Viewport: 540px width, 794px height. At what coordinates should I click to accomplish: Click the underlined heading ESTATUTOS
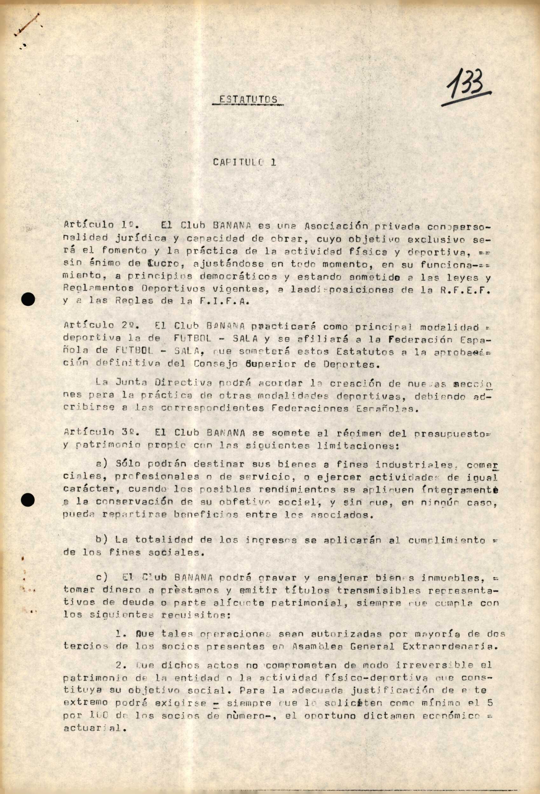click(248, 99)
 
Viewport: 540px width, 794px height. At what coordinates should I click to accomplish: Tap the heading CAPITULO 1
click(244, 162)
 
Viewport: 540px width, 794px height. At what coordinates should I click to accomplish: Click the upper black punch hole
click(28, 300)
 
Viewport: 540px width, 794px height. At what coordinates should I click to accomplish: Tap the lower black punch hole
click(28, 500)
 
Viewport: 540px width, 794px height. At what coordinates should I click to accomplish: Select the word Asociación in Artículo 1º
click(336, 226)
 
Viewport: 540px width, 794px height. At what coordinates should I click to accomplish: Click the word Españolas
click(391, 409)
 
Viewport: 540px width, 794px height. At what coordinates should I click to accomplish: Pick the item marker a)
click(102, 464)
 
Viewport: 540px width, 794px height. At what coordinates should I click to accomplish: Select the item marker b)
click(102, 540)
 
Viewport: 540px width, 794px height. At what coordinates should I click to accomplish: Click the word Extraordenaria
click(449, 646)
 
